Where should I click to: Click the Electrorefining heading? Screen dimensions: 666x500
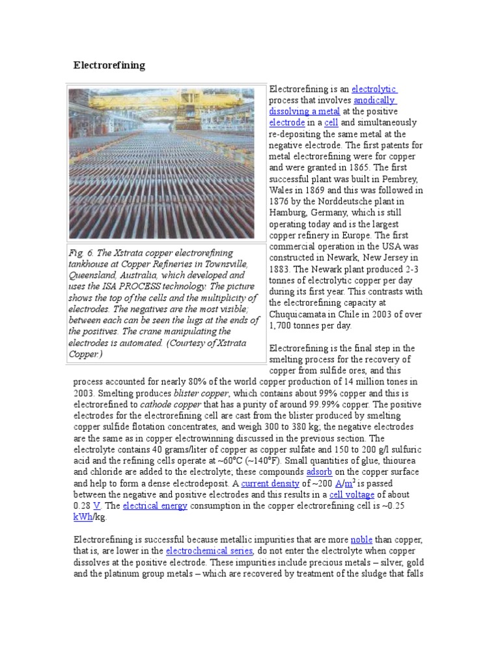109,66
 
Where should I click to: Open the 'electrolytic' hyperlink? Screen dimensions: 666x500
374,89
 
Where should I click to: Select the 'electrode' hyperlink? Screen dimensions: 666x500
286,122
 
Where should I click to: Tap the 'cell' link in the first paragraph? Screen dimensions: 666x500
331,122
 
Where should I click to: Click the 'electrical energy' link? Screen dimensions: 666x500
155,505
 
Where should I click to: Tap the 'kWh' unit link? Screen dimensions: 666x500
83,517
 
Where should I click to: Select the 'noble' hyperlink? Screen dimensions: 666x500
361,540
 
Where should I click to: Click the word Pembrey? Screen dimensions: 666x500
404,178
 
